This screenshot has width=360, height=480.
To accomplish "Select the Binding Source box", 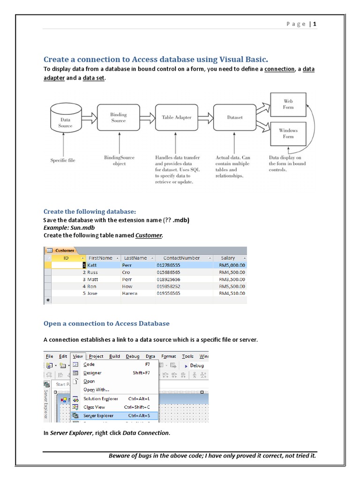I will click(119, 118).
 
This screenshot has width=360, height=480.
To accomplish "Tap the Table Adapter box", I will click(176, 118).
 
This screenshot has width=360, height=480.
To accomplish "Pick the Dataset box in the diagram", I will click(235, 118).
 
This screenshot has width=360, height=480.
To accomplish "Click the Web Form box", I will click(288, 104).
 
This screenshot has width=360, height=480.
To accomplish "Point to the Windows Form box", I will click(288, 133).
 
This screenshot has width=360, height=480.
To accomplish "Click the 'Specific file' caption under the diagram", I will click(63, 160).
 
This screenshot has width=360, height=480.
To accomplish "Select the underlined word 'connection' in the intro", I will click(279, 69).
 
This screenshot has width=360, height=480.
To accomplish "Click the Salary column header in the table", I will click(228, 258).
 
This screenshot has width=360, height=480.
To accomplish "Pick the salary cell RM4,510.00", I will click(232, 293).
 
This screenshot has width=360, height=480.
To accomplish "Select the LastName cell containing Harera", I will click(130, 293).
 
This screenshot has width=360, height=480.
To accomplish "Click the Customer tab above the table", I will click(65, 250).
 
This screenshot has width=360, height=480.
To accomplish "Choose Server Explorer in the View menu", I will click(98, 416).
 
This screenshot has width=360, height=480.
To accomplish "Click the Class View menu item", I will click(94, 407).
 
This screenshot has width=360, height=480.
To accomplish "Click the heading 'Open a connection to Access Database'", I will click(106, 323).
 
